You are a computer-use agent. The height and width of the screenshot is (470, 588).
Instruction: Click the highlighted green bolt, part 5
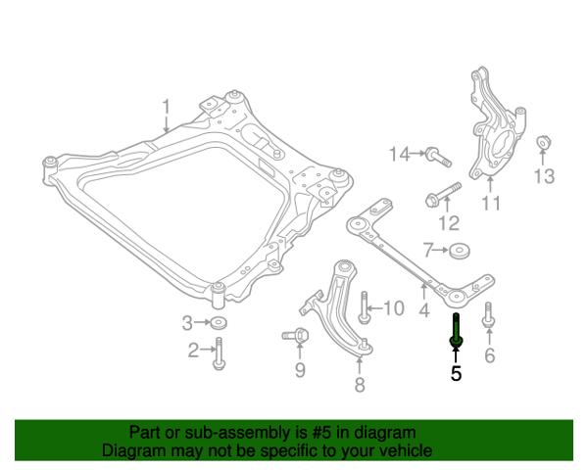point(456,330)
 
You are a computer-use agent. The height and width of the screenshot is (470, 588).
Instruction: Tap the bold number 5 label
point(456,373)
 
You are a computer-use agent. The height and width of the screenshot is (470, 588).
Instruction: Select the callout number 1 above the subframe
point(166,107)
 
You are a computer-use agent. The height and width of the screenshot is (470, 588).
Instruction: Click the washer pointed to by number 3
point(219,323)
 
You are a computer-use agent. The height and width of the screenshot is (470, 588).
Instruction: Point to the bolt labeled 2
point(219,353)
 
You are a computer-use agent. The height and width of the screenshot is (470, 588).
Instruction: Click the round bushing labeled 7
point(460,251)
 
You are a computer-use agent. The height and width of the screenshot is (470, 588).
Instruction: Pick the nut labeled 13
point(543,142)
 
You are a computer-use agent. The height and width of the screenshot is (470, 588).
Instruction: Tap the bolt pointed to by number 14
point(438,157)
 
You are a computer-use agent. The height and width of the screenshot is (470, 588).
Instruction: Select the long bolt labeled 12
point(444,194)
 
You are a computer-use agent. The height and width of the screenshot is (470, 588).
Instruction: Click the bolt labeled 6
point(488,315)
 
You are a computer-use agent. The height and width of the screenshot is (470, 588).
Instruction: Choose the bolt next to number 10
point(364,308)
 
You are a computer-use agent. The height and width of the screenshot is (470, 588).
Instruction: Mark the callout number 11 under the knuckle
point(491,204)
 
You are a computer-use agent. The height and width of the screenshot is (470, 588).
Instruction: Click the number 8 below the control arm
point(360,384)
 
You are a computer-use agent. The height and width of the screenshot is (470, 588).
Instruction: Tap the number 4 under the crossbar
point(423,310)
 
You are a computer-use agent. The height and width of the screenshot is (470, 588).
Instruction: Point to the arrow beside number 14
point(417,154)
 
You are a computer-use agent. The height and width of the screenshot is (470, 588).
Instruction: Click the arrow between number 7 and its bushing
point(441,250)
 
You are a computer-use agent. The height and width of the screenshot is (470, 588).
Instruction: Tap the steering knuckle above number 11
point(495,127)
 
